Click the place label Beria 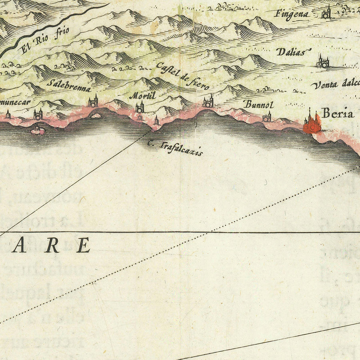338,114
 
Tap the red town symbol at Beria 312,123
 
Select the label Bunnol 259,105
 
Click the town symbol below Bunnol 267,117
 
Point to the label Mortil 142,96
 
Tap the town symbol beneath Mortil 140,107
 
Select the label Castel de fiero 182,76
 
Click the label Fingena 292,14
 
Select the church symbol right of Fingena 326,13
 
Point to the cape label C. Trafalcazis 175,148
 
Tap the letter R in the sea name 52,245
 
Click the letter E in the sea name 83,245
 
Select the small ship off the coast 37,130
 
